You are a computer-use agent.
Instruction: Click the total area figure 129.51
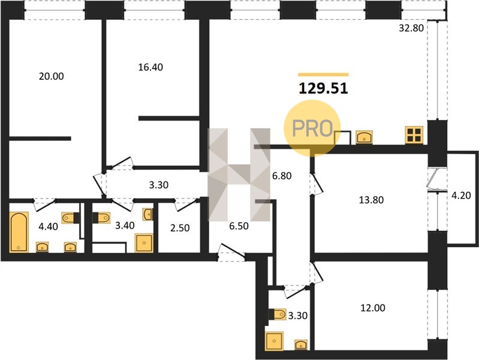pos(323,88)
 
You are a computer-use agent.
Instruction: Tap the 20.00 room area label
pos(52,76)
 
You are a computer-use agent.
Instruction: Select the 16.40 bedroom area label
pos(150,67)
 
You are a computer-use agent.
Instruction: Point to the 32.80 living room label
pos(411,28)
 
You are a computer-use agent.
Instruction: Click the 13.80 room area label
pos(371,200)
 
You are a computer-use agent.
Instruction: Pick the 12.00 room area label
pos(373,308)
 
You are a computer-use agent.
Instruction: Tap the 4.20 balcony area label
pos(461,195)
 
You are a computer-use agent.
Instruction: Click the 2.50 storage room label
pos(180,228)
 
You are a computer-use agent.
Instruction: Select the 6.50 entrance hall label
pos(239,226)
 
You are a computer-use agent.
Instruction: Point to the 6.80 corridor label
pos(282,176)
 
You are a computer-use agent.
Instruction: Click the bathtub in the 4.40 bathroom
pos(19,232)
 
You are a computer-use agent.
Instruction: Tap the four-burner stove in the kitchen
pos(414,135)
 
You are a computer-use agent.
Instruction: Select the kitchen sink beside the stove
pos(364,137)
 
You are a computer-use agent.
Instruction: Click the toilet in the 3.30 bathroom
pos(278,314)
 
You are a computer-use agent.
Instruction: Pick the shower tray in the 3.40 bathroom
pos(144,243)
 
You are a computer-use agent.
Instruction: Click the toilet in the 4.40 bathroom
pos(71,218)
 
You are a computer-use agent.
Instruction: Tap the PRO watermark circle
pos(312,128)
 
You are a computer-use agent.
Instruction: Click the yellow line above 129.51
pos(323,74)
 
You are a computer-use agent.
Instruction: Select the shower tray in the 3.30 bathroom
pos(274,341)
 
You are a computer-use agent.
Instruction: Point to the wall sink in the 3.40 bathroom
pos(148,214)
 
